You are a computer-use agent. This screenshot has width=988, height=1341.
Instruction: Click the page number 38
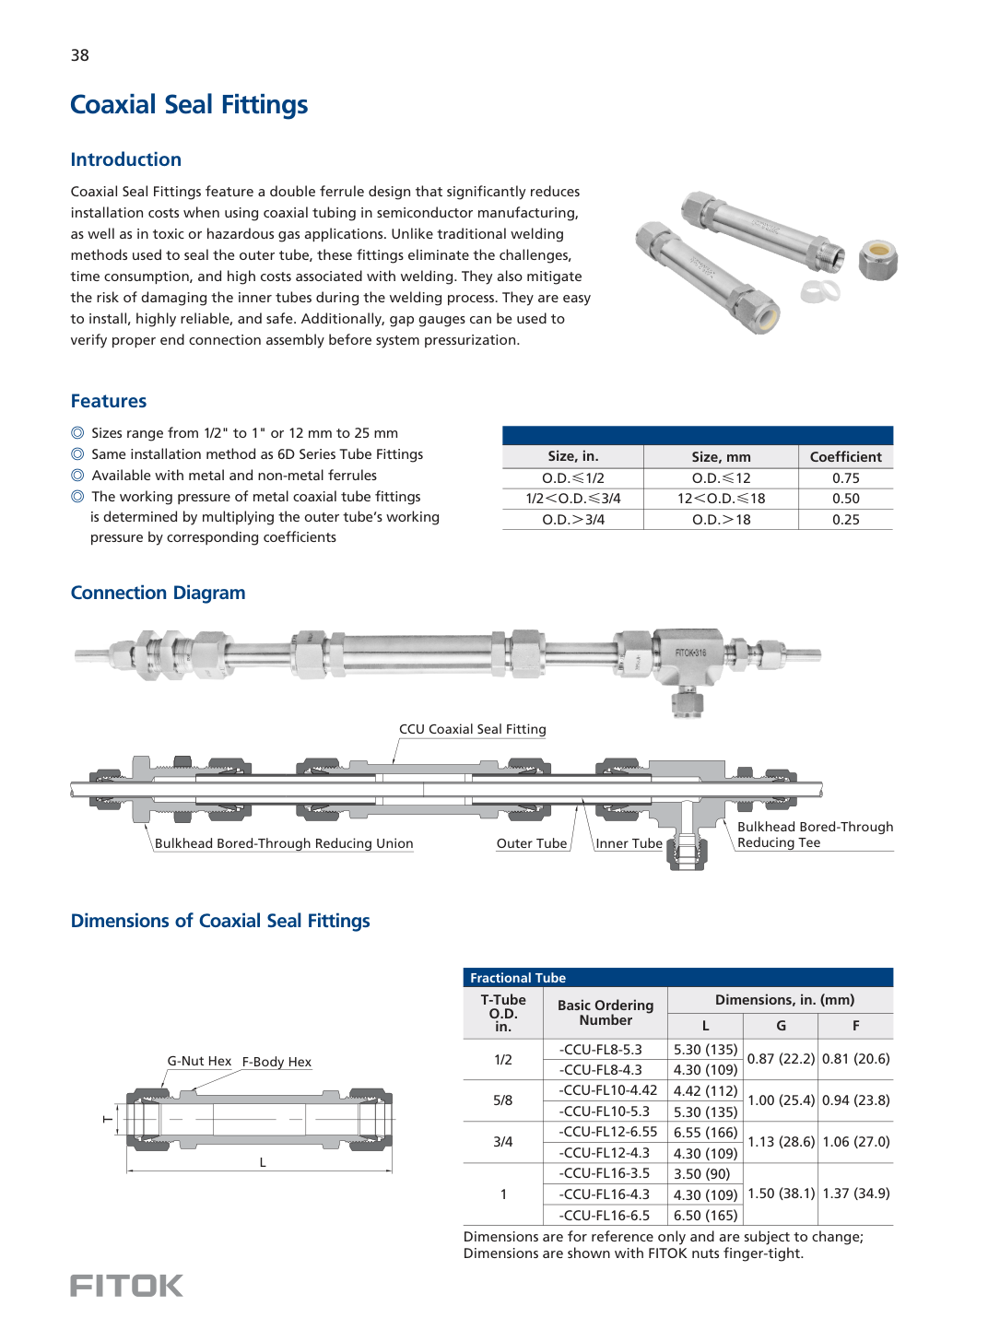point(80,55)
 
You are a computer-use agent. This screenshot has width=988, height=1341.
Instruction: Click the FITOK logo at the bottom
point(126,1286)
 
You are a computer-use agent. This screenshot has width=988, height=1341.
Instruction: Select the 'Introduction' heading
point(126,159)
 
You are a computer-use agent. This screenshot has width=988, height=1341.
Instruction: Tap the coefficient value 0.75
point(845,478)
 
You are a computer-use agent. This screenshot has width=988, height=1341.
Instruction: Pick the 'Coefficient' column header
point(845,457)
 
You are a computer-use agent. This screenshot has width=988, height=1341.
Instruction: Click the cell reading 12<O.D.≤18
point(721,499)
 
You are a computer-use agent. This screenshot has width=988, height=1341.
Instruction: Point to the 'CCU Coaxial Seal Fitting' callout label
point(472,729)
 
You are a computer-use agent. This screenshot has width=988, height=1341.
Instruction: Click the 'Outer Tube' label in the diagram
point(531,843)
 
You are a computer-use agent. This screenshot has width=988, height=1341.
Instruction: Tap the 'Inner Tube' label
point(629,843)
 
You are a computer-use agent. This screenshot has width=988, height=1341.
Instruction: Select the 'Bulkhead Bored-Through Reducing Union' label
point(284,843)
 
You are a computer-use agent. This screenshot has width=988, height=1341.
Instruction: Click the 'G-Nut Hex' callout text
point(199,1061)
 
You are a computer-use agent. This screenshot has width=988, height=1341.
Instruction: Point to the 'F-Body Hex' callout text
point(276,1062)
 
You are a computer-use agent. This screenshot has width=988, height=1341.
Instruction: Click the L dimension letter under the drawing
point(263,1162)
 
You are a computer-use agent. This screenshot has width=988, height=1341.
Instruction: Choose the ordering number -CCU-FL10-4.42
point(608,1090)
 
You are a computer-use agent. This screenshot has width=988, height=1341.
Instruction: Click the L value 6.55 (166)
point(705,1133)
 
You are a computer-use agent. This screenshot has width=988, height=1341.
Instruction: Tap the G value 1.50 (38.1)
point(781,1194)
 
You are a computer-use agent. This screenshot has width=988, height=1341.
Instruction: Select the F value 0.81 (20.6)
point(855,1059)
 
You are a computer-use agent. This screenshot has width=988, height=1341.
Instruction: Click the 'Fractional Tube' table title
point(518,978)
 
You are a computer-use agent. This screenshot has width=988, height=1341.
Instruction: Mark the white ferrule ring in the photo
point(819,292)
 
